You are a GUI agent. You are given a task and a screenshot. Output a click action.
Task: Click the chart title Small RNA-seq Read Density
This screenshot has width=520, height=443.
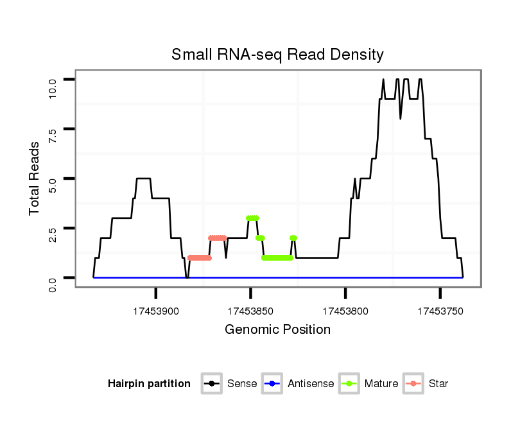277,55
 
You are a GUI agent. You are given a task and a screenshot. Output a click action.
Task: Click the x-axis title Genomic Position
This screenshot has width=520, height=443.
277,330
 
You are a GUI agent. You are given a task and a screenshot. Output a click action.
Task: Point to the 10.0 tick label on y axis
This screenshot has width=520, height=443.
53,85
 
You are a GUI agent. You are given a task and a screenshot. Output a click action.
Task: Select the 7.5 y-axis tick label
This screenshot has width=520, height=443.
53,134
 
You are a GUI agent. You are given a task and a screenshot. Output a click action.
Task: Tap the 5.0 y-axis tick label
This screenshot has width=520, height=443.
53,184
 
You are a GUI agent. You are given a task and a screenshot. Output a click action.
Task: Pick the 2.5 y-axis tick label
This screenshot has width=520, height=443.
53,234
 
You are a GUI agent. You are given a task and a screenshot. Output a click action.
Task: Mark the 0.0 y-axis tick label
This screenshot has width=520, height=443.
53,283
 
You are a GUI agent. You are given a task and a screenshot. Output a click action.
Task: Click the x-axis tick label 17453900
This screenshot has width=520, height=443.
156,311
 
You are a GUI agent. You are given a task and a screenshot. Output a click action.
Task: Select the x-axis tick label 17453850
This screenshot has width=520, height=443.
250,311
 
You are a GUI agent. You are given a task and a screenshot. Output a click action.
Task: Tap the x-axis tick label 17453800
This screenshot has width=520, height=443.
345,311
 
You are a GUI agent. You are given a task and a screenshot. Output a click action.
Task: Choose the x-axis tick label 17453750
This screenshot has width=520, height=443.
440,311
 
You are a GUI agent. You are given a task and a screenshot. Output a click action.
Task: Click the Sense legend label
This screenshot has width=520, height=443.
242,384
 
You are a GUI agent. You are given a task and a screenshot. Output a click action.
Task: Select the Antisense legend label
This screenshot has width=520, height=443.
311,384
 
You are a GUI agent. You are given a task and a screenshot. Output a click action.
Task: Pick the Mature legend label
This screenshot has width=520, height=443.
381,384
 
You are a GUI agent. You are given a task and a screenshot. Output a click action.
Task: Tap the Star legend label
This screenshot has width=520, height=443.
438,384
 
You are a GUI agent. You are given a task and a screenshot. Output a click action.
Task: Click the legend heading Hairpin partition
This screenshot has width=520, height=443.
149,384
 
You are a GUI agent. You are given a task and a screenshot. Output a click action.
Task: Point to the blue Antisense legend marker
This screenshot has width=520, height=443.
273,384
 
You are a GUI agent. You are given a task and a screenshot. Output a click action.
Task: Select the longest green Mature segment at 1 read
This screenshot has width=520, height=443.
277,258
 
